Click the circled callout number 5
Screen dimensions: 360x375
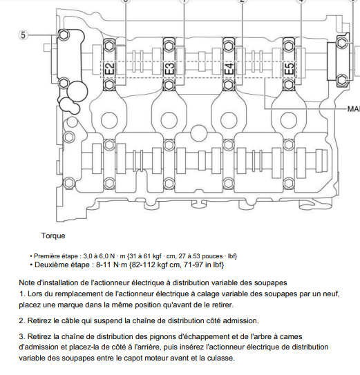(x=23, y=35)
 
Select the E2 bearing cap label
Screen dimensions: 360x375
(x=110, y=68)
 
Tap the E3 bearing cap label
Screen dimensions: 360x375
(x=170, y=68)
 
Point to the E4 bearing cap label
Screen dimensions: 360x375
(x=229, y=68)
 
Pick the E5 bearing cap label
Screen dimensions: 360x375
(x=290, y=68)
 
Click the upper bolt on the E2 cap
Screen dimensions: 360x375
(x=109, y=45)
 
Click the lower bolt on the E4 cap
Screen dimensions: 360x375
(x=229, y=85)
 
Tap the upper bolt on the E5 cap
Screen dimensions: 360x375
(x=289, y=45)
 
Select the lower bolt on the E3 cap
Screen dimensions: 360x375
(x=169, y=85)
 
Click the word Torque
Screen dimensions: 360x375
(x=53, y=235)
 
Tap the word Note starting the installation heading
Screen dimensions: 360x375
(x=26, y=282)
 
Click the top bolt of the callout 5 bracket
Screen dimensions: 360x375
(x=64, y=35)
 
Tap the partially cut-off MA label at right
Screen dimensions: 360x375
(x=354, y=109)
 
